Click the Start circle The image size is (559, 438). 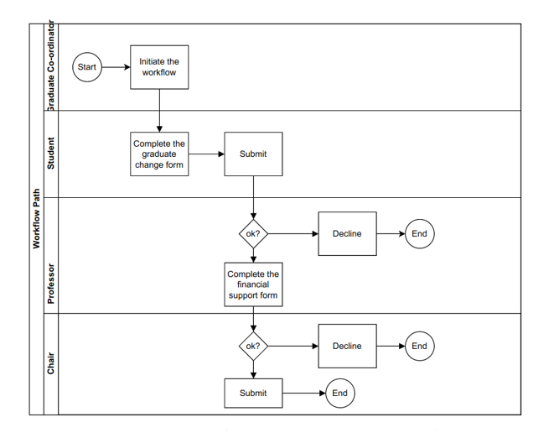pos(87,67)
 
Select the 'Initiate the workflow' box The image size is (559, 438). pos(158,67)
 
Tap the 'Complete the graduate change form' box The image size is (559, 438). pos(158,154)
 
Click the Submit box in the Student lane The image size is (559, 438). pos(253,154)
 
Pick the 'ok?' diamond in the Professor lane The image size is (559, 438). pos(253,234)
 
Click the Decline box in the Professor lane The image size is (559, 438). pos(347,234)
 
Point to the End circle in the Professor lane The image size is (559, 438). pos(419,234)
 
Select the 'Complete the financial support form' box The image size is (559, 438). pos(253,284)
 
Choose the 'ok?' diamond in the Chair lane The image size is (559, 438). pos(253,346)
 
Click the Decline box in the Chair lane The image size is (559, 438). pos(347,346)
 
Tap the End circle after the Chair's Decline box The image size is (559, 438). pos(419,346)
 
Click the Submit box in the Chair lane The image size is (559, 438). pos(253,393)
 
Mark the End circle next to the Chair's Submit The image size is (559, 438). pos(339,393)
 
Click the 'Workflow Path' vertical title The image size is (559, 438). pos(36,218)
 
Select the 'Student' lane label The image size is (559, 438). pos(50,154)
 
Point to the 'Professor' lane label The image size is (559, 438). pos(50,284)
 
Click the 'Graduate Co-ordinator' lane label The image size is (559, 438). pos(50,67)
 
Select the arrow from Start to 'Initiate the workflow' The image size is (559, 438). pos(116,67)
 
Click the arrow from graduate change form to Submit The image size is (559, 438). pos(205,154)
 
